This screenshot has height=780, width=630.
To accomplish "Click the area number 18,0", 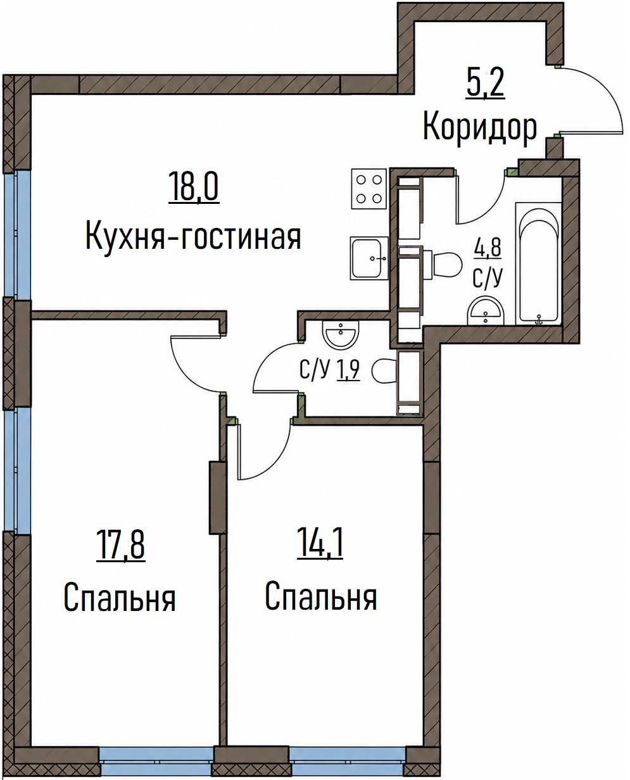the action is (194, 187).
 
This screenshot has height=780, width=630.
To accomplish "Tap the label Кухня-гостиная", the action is (193, 237).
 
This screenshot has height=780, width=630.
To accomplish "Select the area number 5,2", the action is (485, 84).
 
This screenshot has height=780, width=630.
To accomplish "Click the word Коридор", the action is (480, 127).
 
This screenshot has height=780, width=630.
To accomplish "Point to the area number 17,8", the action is (120, 546).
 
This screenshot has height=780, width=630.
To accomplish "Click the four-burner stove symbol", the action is (369, 189).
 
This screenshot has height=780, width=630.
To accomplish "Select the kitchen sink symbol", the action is (369, 258).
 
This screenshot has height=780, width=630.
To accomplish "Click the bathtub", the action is (538, 263).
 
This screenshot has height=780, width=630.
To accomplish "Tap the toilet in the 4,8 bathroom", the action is (443, 263).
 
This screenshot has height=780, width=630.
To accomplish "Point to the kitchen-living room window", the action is (16, 235).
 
